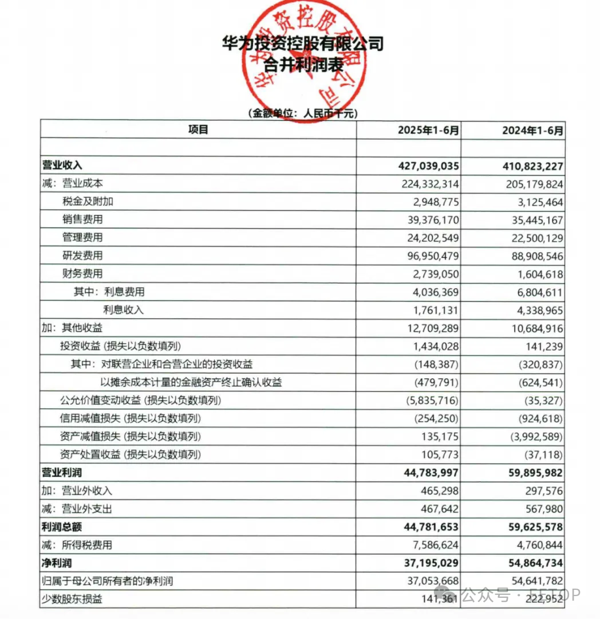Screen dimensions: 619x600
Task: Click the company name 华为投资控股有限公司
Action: [303, 44]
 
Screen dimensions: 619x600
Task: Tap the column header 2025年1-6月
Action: [429, 130]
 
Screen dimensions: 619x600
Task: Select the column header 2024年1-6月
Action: [533, 130]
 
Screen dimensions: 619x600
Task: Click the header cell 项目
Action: [198, 130]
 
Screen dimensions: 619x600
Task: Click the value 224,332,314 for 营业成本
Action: [424, 184]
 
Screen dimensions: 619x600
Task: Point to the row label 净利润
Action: [58, 563]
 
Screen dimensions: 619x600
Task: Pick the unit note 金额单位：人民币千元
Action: [302, 113]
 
